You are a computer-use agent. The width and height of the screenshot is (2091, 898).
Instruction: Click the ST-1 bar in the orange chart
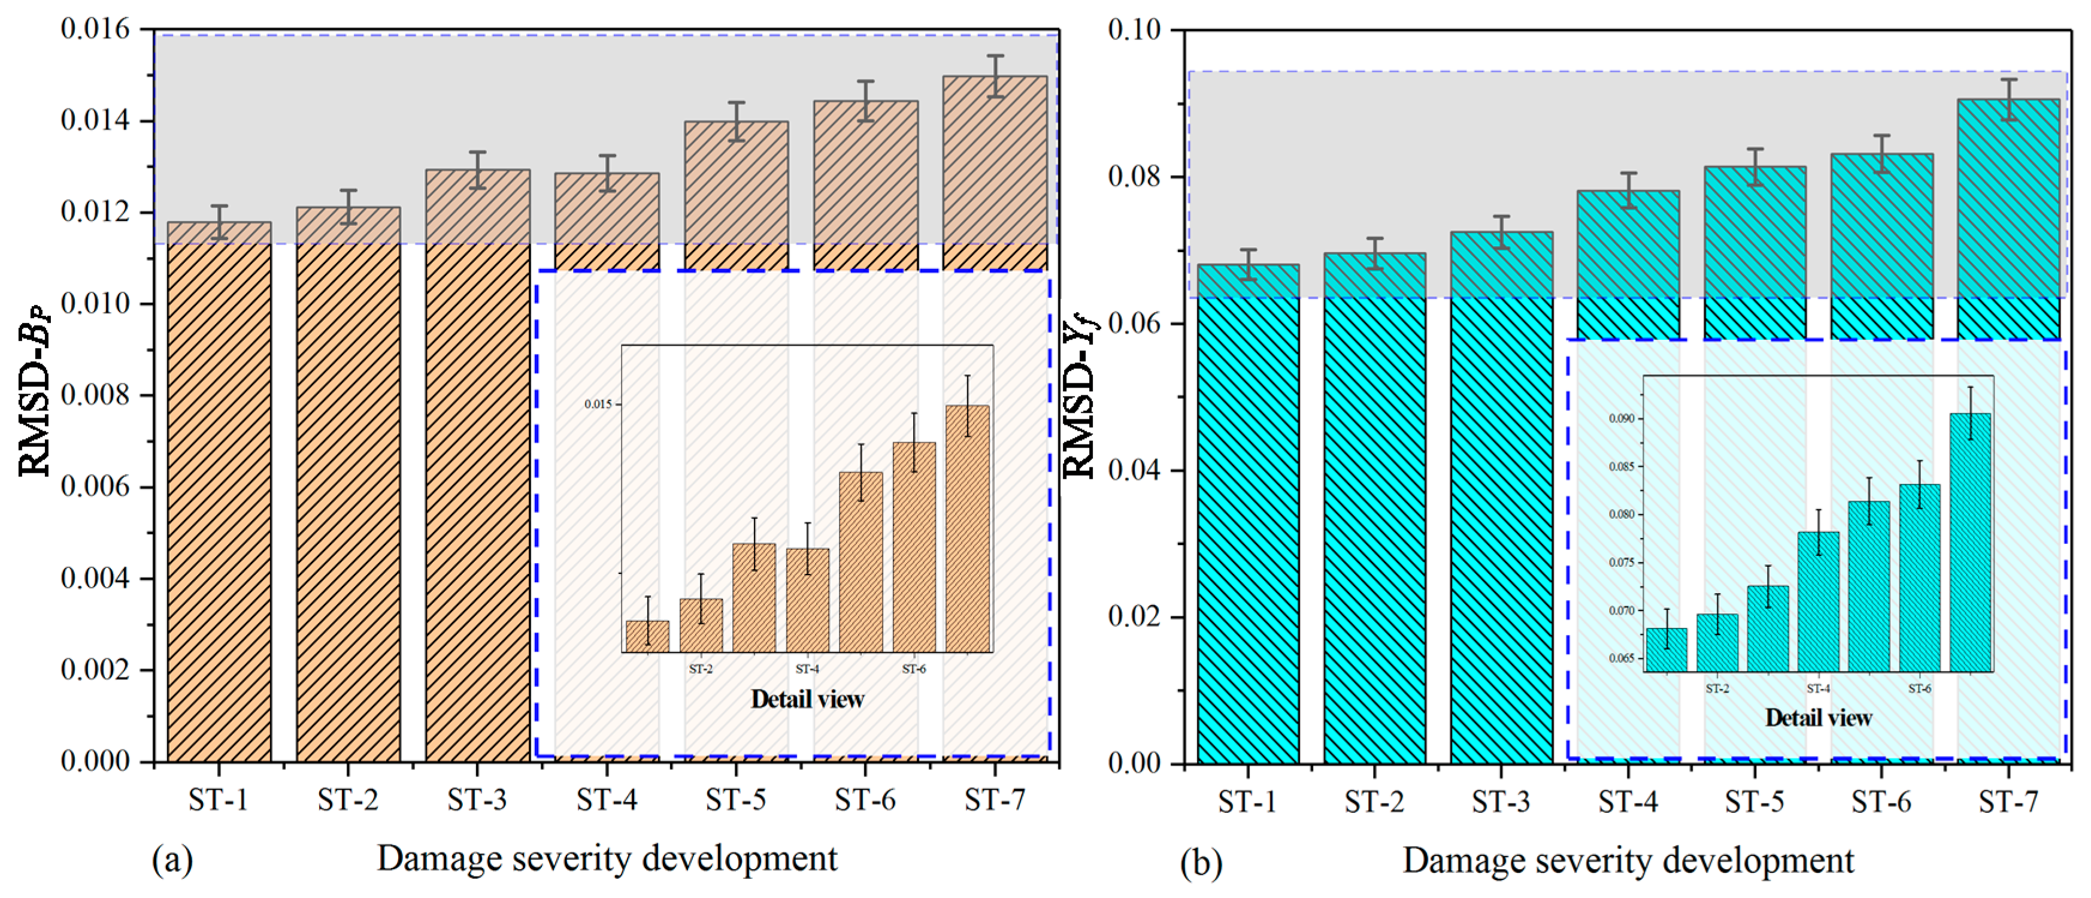[x=219, y=503]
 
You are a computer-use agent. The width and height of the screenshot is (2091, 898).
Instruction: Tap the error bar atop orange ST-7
[x=995, y=76]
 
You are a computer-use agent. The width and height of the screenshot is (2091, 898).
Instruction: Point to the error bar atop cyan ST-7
[x=2008, y=99]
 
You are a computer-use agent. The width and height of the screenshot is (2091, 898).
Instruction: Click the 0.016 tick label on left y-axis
[x=95, y=29]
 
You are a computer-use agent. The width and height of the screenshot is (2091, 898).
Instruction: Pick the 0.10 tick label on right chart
[x=1134, y=30]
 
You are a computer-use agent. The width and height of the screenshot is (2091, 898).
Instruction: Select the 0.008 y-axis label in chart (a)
[x=95, y=395]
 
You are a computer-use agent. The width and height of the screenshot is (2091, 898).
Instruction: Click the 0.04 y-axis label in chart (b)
[x=1134, y=470]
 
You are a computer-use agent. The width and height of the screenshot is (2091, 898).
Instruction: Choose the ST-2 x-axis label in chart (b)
[x=1374, y=802]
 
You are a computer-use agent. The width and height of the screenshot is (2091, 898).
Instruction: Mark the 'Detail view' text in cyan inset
[x=1819, y=718]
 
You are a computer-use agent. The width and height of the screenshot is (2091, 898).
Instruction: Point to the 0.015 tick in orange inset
[x=598, y=404]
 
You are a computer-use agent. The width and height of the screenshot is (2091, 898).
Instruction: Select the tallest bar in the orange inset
[x=967, y=528]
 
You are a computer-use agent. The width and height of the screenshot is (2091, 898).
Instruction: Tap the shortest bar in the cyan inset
[x=1666, y=649]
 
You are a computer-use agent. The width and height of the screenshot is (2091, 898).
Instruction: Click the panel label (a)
[x=172, y=860]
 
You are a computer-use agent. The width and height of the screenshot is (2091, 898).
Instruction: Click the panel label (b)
[x=1201, y=862]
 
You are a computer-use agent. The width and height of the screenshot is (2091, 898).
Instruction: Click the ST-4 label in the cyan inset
[x=1819, y=688]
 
